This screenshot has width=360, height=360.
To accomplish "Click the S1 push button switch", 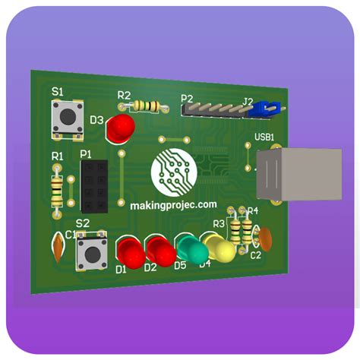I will (x=67, y=118).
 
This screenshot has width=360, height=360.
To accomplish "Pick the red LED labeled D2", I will (x=159, y=251).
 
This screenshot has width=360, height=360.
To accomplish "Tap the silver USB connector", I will (x=286, y=175).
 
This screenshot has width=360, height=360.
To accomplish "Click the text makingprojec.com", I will (x=173, y=205).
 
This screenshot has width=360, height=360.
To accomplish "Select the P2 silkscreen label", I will (x=186, y=98).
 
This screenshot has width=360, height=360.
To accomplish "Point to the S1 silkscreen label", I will (x=57, y=91).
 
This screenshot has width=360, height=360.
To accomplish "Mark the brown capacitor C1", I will (x=58, y=245).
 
